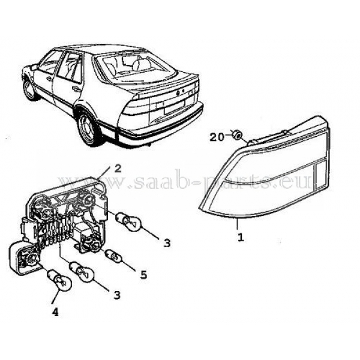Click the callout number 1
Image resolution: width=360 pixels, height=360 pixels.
click(x=241, y=237)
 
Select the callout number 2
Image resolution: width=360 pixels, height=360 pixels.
click(x=118, y=169)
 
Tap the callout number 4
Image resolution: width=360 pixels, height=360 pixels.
click(x=55, y=312)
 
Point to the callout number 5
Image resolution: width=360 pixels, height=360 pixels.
click(x=143, y=275)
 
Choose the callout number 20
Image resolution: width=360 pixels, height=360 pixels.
click(x=217, y=137)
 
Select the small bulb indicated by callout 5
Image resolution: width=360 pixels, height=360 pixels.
click(x=113, y=257)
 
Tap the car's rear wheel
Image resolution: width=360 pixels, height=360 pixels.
click(x=87, y=128)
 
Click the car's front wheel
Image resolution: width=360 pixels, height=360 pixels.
click(x=31, y=89)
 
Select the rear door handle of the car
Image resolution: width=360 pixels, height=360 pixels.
click(x=75, y=89)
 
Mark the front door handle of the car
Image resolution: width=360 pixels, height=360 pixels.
click(x=49, y=79)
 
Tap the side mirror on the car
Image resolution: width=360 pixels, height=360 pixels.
click(x=34, y=67)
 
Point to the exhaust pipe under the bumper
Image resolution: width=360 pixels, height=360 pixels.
click(x=149, y=145)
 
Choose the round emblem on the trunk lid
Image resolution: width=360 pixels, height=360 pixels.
click(x=178, y=94)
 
